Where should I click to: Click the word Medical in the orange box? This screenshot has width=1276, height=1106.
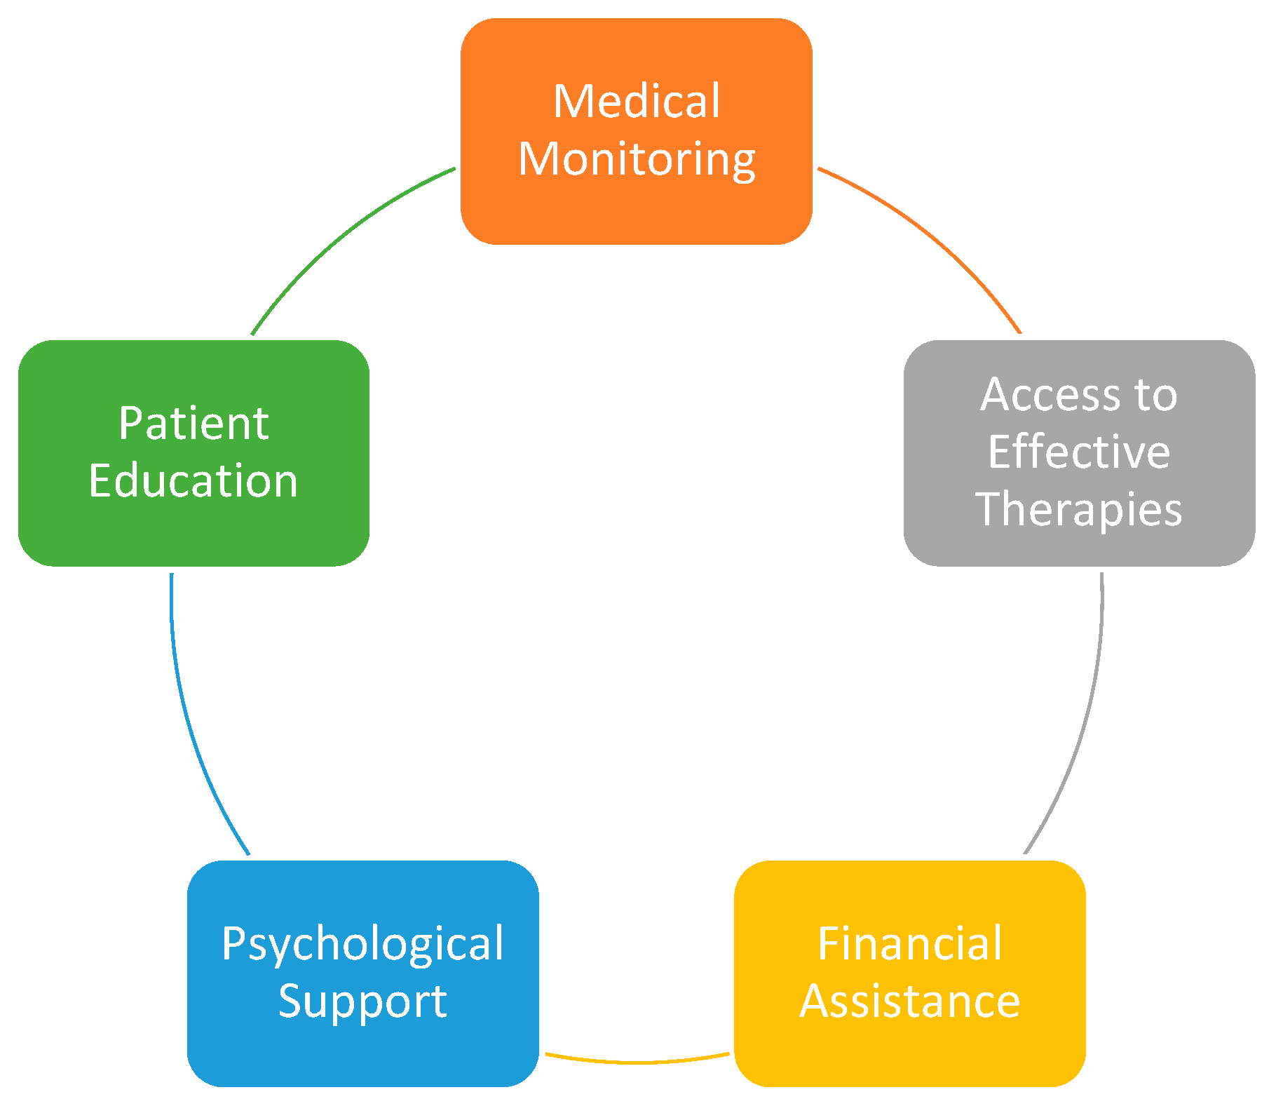tap(636, 102)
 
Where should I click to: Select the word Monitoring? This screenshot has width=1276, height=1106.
tap(637, 160)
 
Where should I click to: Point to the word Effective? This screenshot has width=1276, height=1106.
tap(1079, 452)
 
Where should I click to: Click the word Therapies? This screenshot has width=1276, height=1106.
tap(1079, 510)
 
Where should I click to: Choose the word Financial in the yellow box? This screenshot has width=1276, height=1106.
tap(909, 944)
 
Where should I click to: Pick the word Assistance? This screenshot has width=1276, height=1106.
tap(909, 1002)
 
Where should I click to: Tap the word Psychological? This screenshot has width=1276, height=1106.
tap(362, 944)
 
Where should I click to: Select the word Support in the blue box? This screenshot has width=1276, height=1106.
tap(362, 1002)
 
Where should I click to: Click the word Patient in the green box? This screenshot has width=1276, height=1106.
tap(194, 424)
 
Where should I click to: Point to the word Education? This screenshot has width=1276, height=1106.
tap(194, 481)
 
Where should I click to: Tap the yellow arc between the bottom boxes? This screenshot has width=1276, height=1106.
tap(637, 1062)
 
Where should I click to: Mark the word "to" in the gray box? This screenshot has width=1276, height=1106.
tap(1155, 395)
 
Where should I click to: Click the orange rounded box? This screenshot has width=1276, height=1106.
tap(636, 210)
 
